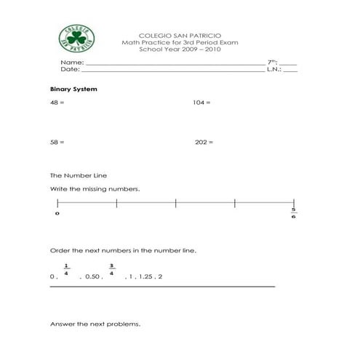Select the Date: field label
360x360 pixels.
pos(69,70)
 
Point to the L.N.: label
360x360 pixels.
pos(273,70)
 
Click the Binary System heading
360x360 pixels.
pos(73,89)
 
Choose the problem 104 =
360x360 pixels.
pos(201,103)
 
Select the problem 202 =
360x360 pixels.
pos(204,143)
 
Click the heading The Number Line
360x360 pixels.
pos(78,175)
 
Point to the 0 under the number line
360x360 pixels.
pos(57,214)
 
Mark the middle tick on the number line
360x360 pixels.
pos(175,203)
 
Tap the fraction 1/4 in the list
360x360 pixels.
pos(66,270)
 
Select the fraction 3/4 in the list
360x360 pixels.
pos(112,270)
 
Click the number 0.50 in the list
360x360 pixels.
pos(92,277)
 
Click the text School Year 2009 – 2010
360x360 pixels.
pos(180,50)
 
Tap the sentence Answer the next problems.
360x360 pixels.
pos(95,324)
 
